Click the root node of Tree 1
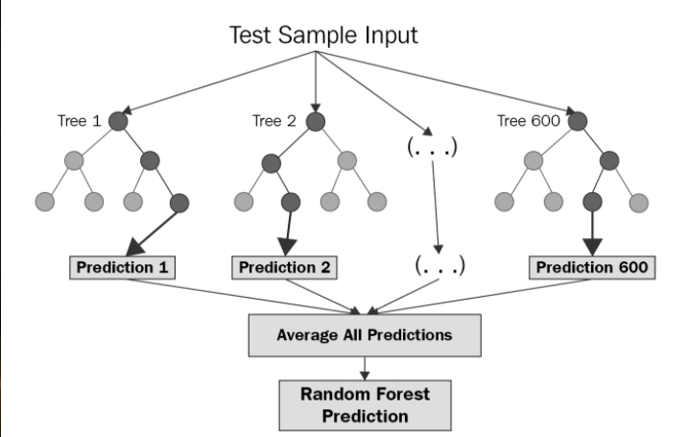[x=119, y=121]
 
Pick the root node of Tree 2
[x=315, y=121]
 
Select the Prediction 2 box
[x=286, y=266]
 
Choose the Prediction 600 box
[x=593, y=266]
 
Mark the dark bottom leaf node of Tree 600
[x=593, y=203]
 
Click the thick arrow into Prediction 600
[x=593, y=231]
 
